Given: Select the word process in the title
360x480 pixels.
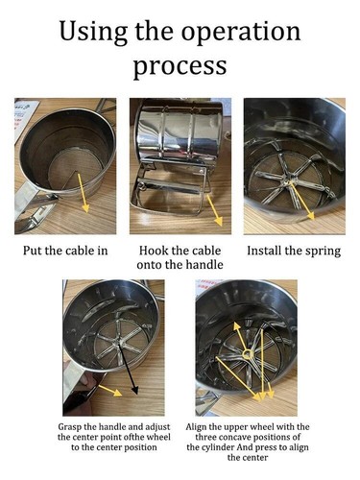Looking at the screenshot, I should (180, 66).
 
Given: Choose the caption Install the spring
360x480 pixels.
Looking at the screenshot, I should (294, 251).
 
